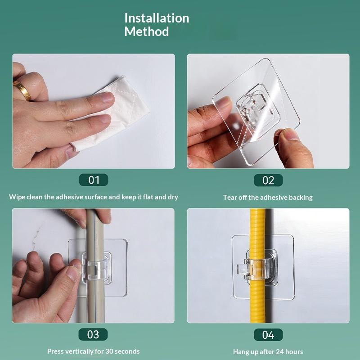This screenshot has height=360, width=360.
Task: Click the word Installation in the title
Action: point(157,18)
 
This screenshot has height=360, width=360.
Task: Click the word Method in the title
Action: point(147,31)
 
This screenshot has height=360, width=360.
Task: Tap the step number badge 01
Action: point(94,180)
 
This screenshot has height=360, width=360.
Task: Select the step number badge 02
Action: point(268,180)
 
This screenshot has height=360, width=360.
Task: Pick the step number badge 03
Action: point(93,334)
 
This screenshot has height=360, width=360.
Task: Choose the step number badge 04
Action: point(268,335)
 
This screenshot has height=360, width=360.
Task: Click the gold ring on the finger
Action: point(22,90)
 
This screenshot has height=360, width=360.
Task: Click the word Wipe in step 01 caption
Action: point(17,197)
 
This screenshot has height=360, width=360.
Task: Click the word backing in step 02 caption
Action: point(301,198)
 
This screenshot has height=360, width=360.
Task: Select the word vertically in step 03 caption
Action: point(76,351)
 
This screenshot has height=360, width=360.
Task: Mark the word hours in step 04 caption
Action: point(294,352)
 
